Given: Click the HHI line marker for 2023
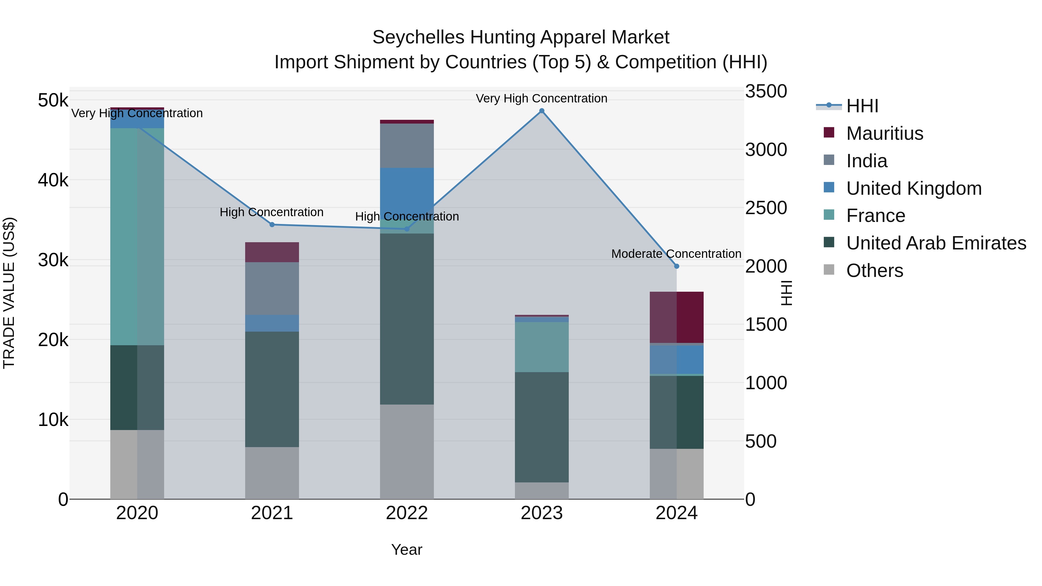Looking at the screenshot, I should click(542, 111).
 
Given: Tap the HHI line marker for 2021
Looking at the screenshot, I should click(272, 225).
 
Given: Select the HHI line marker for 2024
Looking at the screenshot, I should click(676, 266).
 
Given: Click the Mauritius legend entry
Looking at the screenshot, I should click(884, 133).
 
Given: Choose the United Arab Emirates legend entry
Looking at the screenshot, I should click(935, 243).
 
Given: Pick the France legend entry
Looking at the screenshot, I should click(875, 216).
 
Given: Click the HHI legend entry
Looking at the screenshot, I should click(862, 106).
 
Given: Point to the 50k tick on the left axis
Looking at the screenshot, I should click(53, 100).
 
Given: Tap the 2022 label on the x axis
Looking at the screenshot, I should click(407, 513).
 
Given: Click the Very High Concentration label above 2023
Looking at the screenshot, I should click(541, 98).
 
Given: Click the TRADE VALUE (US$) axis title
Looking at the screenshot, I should click(9, 293).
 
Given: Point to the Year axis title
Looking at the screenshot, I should click(407, 550).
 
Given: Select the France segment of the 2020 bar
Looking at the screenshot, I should click(137, 237).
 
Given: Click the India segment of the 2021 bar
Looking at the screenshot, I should click(272, 288).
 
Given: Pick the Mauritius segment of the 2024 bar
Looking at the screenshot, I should click(676, 317).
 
